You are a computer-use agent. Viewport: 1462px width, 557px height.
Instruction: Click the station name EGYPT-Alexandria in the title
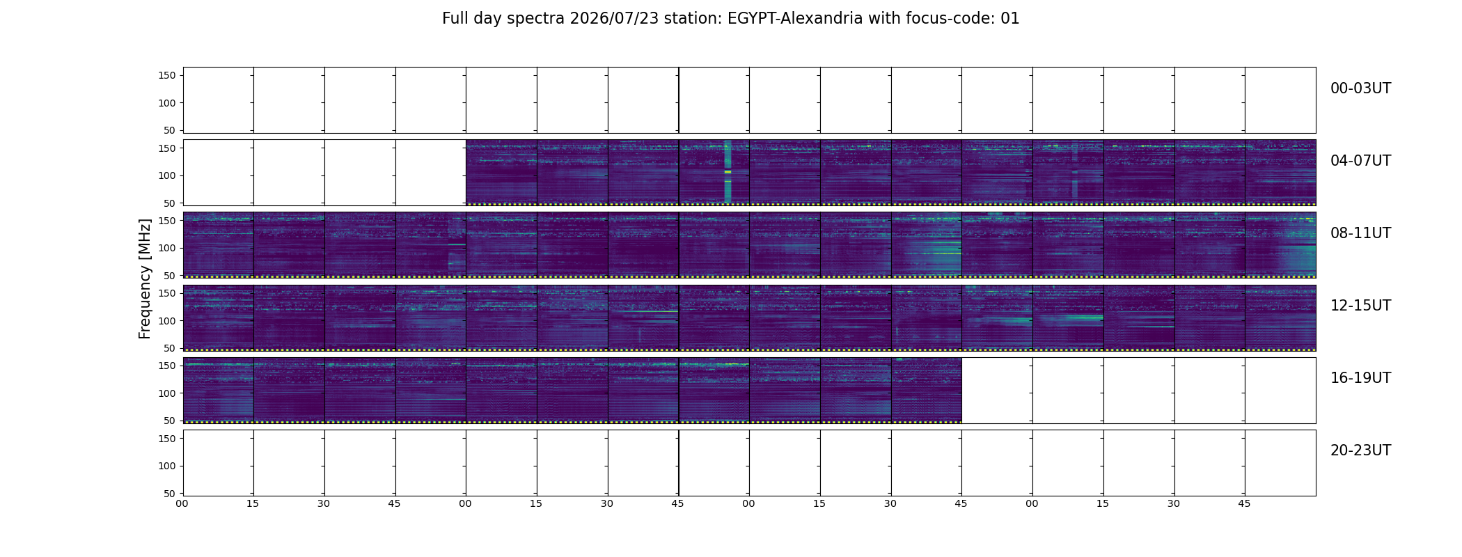[x=795, y=19]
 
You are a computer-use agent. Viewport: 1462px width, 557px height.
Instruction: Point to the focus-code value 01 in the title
[x=1010, y=19]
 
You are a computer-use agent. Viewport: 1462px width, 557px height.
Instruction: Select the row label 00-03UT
[x=1360, y=88]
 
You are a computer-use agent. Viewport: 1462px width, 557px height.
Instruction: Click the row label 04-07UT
[x=1360, y=161]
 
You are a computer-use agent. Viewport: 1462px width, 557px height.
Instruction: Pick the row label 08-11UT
[x=1360, y=233]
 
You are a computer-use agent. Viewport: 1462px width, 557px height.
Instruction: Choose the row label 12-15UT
[x=1360, y=306]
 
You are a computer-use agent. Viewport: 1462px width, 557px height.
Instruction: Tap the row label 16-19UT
[x=1360, y=378]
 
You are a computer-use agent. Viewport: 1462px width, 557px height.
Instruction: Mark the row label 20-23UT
[x=1360, y=450]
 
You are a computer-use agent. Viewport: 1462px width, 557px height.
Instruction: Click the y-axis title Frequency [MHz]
[x=145, y=278]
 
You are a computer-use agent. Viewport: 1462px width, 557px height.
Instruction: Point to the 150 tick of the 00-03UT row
[x=167, y=75]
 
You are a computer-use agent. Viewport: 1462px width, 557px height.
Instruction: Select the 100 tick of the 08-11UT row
[x=167, y=248]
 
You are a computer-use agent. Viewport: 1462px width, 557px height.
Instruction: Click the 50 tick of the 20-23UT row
[x=170, y=494]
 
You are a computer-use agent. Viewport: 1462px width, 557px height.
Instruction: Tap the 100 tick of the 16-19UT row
[x=167, y=393]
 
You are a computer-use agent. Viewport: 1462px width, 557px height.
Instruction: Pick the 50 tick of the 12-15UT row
[x=170, y=348]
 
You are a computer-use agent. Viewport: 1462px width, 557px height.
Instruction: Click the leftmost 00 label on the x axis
[x=182, y=503]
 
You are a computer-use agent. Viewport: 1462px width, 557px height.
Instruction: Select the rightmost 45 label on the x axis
[x=1244, y=503]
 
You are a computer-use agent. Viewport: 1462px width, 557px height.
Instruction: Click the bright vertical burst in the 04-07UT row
[x=728, y=171]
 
